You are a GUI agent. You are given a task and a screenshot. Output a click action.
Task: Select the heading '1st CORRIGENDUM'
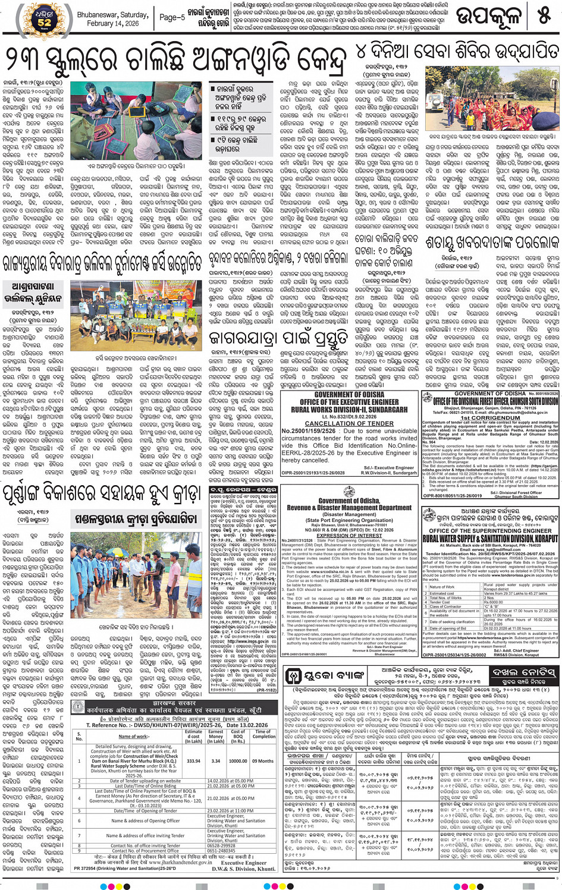click(x=489, y=417)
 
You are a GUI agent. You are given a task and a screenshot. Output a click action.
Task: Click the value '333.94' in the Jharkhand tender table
click(x=193, y=760)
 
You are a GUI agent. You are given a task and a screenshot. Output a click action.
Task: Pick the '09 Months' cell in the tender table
click(x=263, y=760)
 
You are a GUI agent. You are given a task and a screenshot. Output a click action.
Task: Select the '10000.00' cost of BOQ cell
click(x=238, y=760)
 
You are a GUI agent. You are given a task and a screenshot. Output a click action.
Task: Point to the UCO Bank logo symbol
click(x=294, y=675)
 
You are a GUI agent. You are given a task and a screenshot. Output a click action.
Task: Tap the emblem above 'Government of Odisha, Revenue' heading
click(x=349, y=492)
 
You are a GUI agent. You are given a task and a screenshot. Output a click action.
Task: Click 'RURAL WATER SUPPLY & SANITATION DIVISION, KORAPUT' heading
click(x=491, y=539)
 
